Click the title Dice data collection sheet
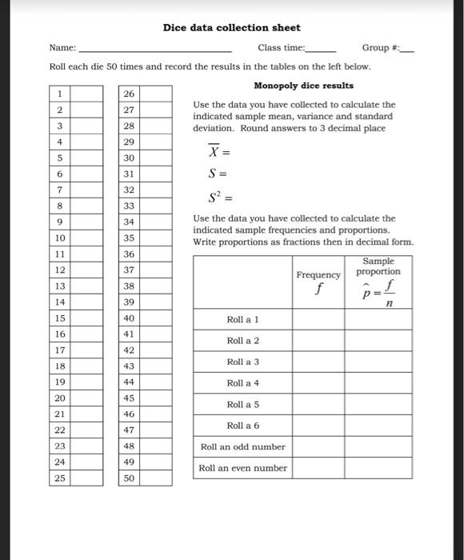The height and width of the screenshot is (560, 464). point(231,27)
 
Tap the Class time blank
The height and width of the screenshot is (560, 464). point(321,50)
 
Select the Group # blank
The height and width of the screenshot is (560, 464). point(407,50)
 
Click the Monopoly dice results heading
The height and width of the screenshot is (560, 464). point(303,85)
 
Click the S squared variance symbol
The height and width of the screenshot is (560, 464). point(202,195)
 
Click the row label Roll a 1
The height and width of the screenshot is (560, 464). point(242,319)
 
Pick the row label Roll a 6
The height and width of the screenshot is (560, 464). point(242,426)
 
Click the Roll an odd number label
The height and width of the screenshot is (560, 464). point(242,446)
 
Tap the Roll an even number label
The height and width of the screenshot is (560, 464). point(242,468)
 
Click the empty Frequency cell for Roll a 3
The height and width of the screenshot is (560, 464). point(318,362)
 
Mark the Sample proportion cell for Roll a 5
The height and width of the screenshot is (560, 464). point(378,404)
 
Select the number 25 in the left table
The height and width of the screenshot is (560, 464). point(59,478)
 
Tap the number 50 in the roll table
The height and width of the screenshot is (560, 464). point(129,478)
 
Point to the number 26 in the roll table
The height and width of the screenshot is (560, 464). point(129,94)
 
